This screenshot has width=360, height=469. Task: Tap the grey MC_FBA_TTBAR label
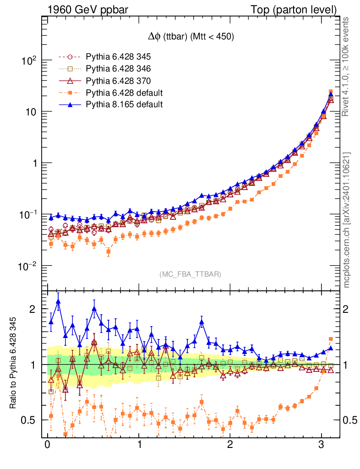(191, 274)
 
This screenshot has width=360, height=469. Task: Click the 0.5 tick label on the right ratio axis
(350, 420)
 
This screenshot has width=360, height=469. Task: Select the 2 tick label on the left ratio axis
(33, 309)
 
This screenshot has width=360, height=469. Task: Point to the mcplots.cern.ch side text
(347, 219)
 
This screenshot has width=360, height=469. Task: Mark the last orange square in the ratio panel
(331, 339)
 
